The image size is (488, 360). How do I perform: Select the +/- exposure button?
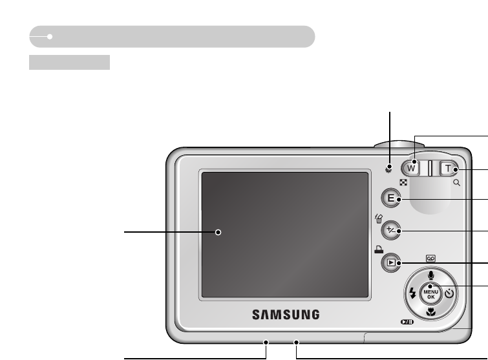click(x=390, y=230)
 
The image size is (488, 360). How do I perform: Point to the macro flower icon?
click(x=431, y=311)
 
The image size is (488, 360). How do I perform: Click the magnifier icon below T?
click(x=457, y=184)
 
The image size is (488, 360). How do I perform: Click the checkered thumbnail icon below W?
click(x=403, y=184)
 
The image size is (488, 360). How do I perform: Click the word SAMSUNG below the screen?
click(x=286, y=315)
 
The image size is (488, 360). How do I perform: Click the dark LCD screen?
click(x=285, y=234)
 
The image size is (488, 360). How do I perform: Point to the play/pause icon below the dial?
click(x=405, y=322)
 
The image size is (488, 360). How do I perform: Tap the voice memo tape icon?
click(x=431, y=257)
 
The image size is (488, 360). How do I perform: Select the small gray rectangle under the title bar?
click(x=69, y=62)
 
